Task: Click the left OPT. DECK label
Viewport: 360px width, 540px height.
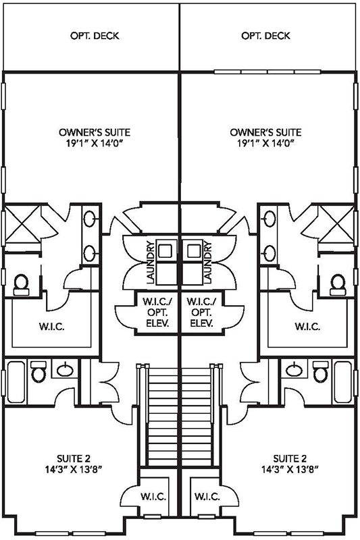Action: tap(95, 36)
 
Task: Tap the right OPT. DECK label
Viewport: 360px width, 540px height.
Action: tap(265, 36)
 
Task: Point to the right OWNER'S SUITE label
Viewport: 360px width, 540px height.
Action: tap(265, 132)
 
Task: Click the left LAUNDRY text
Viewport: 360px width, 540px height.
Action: tap(150, 263)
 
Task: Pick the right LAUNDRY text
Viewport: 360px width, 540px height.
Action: tap(208, 263)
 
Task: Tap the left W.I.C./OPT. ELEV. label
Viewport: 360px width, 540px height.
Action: tap(157, 313)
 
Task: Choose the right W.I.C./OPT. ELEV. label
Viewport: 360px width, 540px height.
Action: tap(201, 313)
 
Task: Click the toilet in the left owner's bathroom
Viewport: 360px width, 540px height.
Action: tap(22, 285)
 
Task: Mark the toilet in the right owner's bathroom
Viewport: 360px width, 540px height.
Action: tap(338, 285)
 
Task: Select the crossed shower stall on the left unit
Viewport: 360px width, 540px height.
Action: tap(23, 224)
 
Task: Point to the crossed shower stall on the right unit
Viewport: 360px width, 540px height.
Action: tap(336, 224)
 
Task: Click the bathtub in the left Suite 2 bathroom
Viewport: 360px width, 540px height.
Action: tap(16, 382)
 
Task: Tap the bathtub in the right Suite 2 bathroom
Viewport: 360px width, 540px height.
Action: tap(344, 382)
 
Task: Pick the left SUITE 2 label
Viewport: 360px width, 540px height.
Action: tap(74, 459)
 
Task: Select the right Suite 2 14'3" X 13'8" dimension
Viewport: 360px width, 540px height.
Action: tap(290, 469)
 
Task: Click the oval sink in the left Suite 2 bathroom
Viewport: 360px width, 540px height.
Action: tap(65, 370)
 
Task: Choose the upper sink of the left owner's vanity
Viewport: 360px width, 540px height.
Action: tap(90, 219)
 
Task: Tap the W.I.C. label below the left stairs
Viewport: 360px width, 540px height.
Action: tap(153, 497)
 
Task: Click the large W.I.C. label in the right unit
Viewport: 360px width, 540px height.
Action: tap(307, 327)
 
